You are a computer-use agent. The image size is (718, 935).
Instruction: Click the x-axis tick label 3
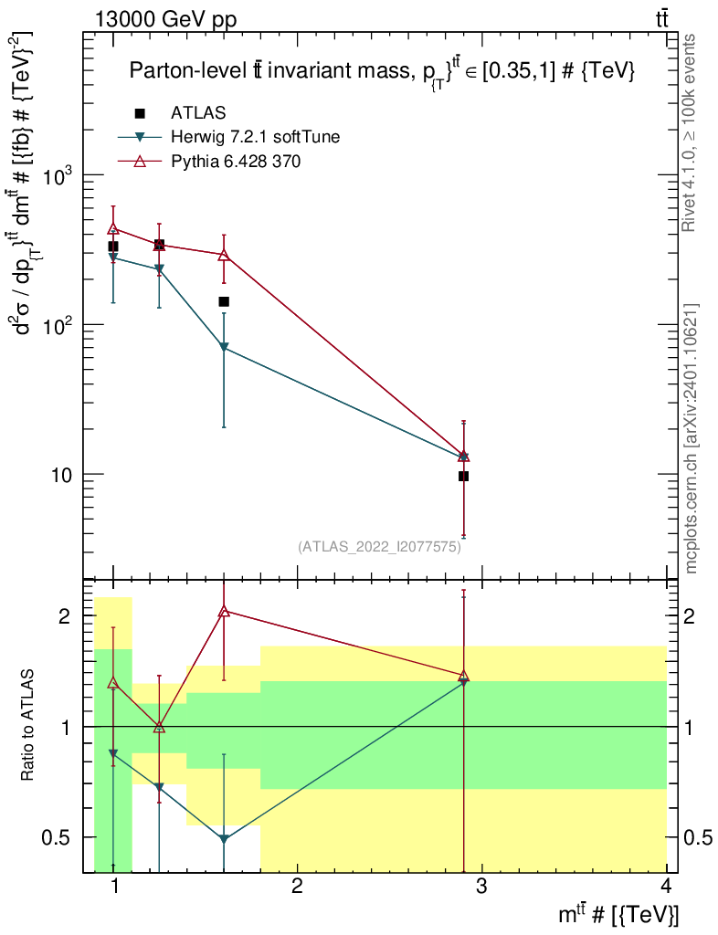481,886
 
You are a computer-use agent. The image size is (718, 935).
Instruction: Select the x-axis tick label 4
666,886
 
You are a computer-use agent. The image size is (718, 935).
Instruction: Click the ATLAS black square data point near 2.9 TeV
464,476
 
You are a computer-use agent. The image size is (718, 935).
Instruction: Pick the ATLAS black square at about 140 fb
224,301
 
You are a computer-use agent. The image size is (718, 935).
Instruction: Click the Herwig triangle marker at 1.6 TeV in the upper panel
225,348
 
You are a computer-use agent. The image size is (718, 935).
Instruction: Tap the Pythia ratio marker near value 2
225,611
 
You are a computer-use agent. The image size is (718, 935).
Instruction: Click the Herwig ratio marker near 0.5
225,839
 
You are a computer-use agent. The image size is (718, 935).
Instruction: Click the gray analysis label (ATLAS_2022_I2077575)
379,547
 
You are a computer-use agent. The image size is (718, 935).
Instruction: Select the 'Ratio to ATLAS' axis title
28,727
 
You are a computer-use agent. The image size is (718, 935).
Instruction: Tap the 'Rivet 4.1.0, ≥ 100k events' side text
692,132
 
